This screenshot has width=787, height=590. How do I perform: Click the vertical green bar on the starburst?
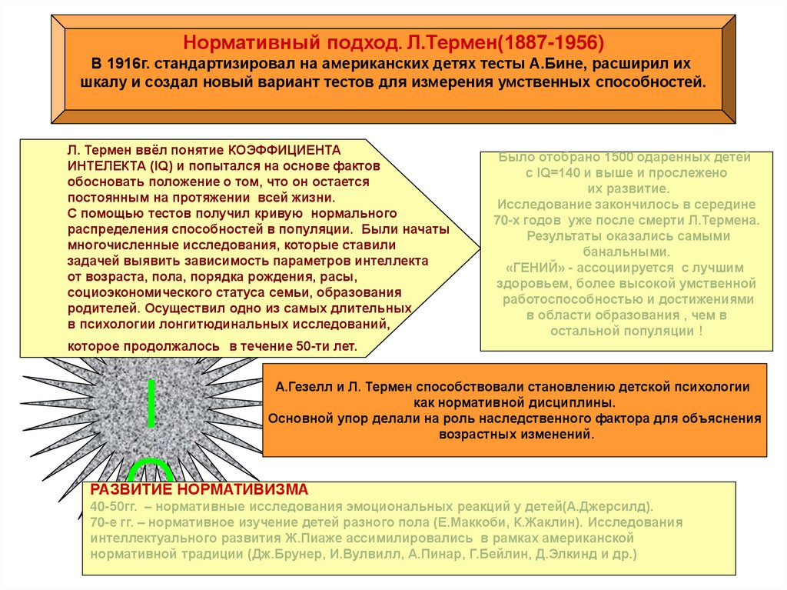point(151,402)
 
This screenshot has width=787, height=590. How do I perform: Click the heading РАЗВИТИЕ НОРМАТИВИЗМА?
point(199,490)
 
